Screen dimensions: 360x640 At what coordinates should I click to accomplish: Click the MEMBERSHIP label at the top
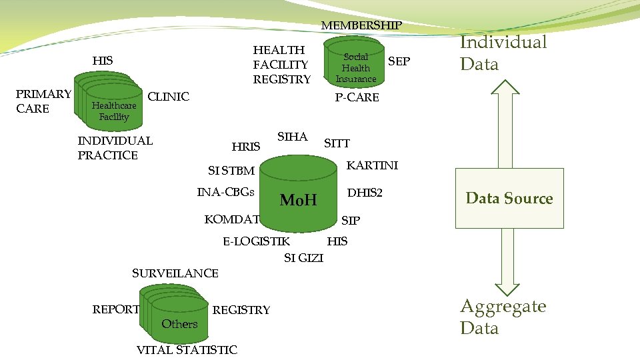coord(361,25)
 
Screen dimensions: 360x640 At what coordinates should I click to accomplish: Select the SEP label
coord(399,61)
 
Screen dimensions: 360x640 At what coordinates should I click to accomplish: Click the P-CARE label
coord(357,97)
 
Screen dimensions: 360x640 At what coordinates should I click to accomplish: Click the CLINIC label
coord(168,97)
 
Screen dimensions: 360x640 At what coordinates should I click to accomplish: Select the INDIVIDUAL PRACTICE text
coord(115,147)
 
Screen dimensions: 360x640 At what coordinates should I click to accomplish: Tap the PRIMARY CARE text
coord(43,101)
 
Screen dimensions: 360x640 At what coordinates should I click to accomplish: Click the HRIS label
coord(245,147)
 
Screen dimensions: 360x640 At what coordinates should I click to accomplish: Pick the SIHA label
coord(292,137)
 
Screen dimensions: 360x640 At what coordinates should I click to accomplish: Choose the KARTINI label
coord(372,165)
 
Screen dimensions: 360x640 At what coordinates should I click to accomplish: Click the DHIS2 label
coord(365,193)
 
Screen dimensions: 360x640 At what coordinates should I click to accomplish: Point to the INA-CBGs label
coord(226,193)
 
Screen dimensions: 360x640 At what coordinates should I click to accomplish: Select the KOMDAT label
coord(231,219)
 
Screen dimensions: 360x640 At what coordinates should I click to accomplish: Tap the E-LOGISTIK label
coord(257,241)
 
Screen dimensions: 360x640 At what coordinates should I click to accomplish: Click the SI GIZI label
coord(303,258)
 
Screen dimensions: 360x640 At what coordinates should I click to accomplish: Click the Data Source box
coord(509,198)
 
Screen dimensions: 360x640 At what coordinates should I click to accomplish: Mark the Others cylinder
coord(179,321)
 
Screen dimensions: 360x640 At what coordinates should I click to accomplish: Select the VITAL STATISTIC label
coord(187,350)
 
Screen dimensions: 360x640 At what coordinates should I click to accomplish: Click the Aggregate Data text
coord(503,317)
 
